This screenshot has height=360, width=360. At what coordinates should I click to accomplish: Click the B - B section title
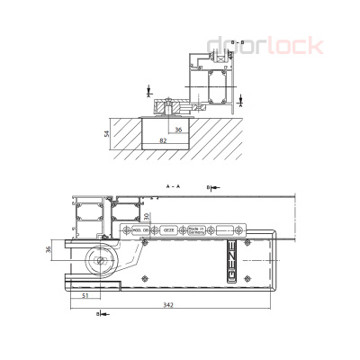click(238, 42)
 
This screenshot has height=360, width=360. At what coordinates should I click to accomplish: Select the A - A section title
click(173, 184)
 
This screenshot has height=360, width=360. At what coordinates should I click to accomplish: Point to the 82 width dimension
click(163, 141)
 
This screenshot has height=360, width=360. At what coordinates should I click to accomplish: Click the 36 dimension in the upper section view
click(178, 130)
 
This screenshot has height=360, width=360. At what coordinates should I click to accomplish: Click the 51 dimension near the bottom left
click(85, 294)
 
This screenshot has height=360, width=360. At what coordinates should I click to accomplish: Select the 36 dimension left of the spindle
click(49, 249)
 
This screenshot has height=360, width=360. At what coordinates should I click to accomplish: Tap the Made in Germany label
click(196, 230)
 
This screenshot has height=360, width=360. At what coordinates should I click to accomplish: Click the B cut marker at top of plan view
click(210, 187)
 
